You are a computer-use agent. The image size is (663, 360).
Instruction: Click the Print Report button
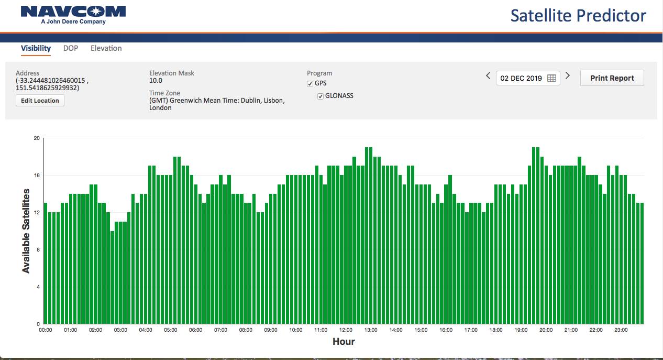click(x=612, y=78)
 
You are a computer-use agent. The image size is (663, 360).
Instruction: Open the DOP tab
click(x=71, y=48)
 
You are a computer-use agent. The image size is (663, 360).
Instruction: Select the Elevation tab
click(x=106, y=48)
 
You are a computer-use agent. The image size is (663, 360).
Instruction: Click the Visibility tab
click(x=36, y=48)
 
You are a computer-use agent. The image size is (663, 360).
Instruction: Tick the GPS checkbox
click(x=310, y=84)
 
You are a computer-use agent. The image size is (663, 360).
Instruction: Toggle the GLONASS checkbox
click(x=321, y=96)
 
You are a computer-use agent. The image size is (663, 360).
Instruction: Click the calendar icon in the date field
click(x=551, y=78)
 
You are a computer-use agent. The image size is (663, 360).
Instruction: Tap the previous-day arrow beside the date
click(x=488, y=76)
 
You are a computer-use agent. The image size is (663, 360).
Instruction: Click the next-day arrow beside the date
click(x=568, y=76)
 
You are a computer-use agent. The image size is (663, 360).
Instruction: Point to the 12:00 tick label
click(x=346, y=330)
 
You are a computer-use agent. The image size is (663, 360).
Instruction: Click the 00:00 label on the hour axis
click(x=46, y=330)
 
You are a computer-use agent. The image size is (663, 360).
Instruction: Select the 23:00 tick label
click(x=621, y=330)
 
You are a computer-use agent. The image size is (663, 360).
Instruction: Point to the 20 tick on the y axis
click(x=36, y=138)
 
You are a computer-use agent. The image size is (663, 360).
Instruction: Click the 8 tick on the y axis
click(x=38, y=250)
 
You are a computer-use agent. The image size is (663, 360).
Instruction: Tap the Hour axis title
click(x=344, y=342)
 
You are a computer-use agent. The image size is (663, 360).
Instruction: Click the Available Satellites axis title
click(x=26, y=231)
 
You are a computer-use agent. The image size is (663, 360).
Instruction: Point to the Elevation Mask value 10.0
click(x=156, y=81)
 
